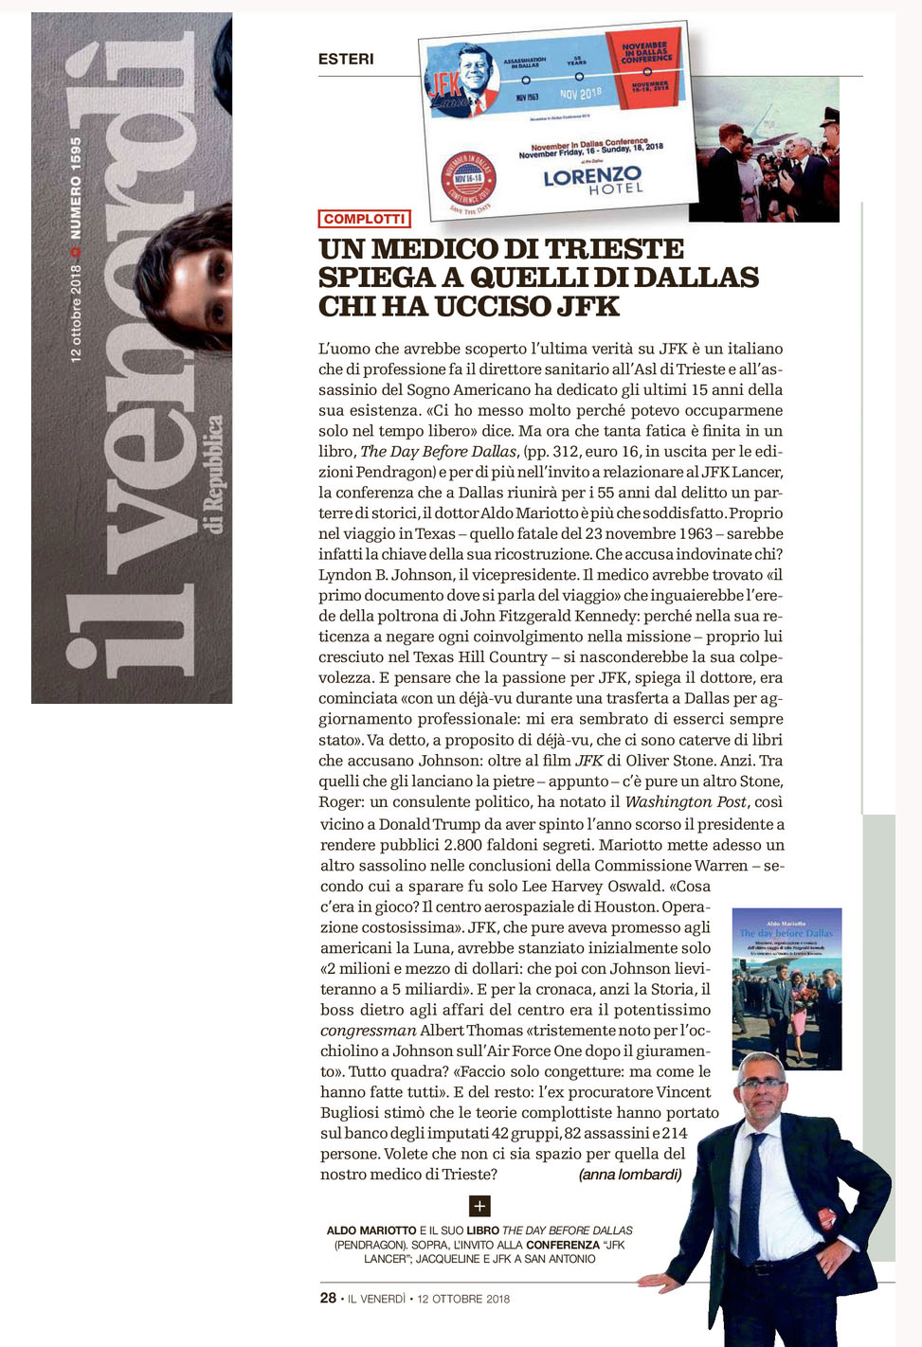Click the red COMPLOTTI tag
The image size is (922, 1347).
point(364,219)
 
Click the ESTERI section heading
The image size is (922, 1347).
point(346,59)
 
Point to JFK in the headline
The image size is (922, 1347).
point(588,307)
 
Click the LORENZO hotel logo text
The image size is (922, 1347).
point(592,176)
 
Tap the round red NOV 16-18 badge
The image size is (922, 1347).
point(469,177)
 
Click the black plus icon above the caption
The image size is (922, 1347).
point(479,1205)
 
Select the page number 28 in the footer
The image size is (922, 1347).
point(328,1298)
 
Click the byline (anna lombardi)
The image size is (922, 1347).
point(629,1175)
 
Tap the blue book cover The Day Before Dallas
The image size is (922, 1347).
point(786,988)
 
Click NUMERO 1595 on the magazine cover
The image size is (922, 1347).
point(76,188)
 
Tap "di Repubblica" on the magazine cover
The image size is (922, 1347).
point(215,474)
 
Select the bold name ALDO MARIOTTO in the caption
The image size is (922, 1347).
point(371,1230)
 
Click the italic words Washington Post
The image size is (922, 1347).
point(686,802)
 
